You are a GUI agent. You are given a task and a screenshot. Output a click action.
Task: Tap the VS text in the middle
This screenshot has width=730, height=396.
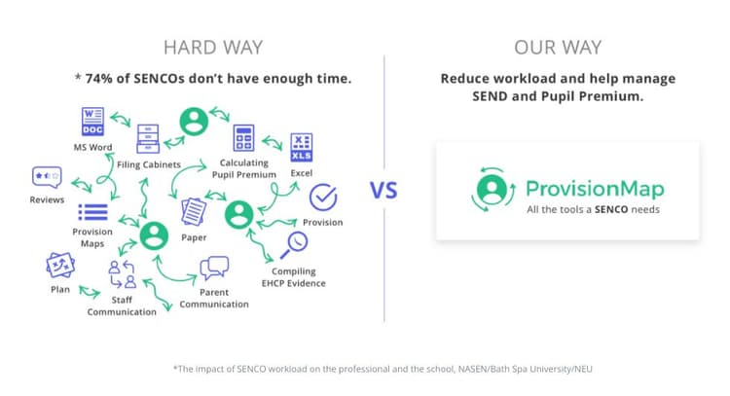click(x=384, y=190)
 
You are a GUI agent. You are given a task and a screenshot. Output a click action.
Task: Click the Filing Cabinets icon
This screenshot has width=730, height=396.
click(x=149, y=139)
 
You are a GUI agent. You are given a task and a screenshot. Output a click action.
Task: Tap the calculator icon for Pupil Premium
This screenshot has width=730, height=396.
click(x=243, y=138)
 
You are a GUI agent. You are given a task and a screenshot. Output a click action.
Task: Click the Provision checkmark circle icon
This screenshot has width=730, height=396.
click(x=322, y=198)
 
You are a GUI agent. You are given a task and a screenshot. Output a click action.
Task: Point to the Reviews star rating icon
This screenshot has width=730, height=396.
click(x=46, y=178)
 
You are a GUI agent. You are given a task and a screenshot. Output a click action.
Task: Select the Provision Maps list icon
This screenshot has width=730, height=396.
click(x=92, y=212)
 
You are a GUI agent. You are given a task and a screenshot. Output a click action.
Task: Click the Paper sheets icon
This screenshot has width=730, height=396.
click(x=194, y=209)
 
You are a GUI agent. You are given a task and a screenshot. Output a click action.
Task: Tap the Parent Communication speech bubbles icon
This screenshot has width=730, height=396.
click(x=213, y=268)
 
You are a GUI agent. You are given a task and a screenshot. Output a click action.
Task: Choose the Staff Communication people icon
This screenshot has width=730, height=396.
click(x=123, y=275)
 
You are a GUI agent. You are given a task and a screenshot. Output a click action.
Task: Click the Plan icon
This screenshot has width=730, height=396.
click(x=60, y=265)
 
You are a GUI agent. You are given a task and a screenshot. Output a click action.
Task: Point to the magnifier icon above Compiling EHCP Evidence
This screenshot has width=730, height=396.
click(x=294, y=244)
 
